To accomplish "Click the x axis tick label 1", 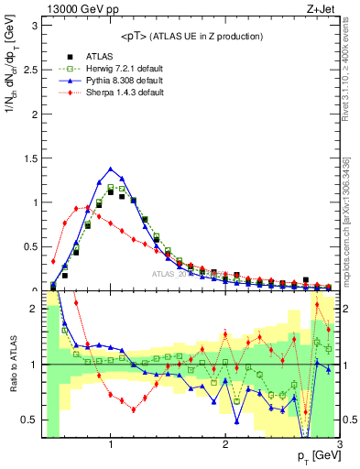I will coord(111,446).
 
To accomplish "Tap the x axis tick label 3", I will coord(339,446).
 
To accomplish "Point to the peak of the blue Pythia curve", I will coord(111,169).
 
